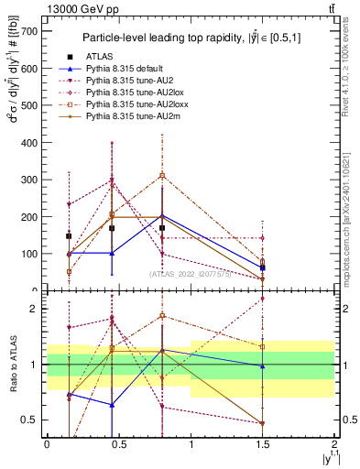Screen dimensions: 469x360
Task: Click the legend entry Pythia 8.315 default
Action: tap(117, 70)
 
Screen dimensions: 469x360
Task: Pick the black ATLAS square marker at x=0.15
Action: tap(69, 235)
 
